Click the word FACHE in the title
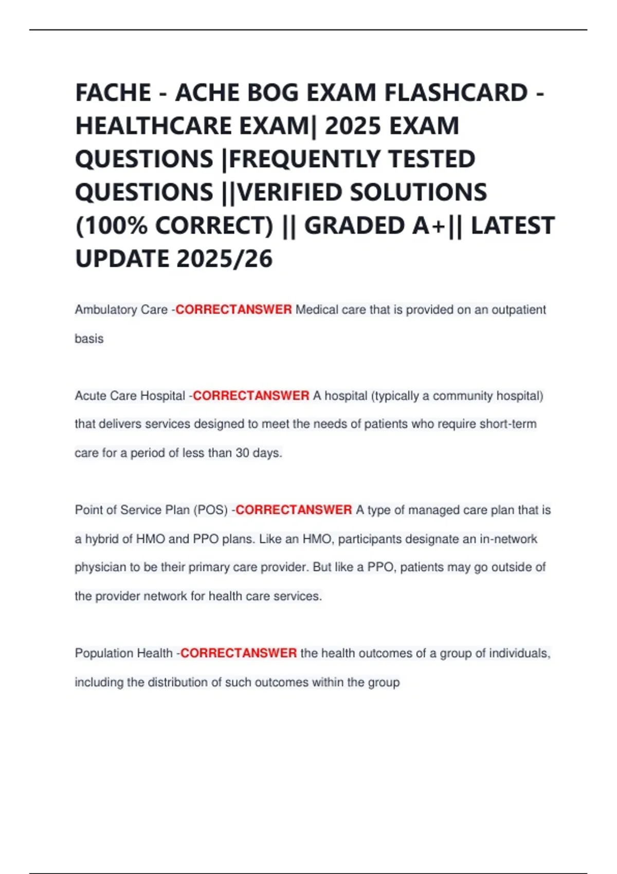point(113,93)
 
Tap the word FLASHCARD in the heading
point(456,93)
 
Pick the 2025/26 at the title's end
point(224,259)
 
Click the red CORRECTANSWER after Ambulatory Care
point(233,309)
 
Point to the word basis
point(89,338)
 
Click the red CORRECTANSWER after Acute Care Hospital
point(251,395)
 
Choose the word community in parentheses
point(462,395)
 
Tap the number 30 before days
point(242,453)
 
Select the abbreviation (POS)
point(210,510)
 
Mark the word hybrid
point(102,539)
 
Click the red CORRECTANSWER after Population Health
point(239,653)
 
